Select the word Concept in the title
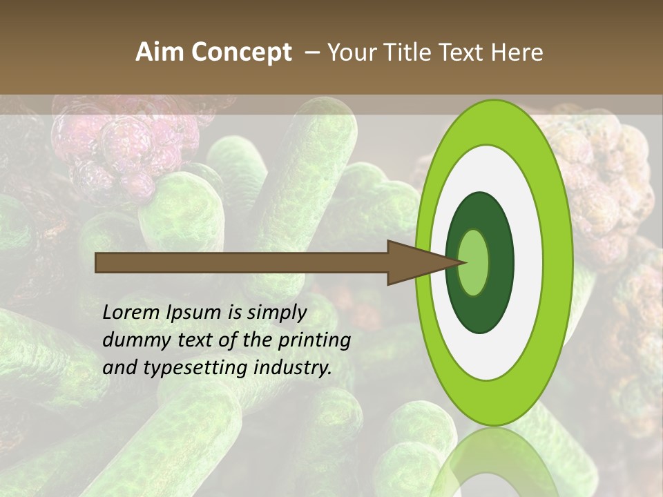(x=241, y=52)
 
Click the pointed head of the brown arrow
(x=421, y=262)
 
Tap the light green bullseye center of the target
(x=474, y=262)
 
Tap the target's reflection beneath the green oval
(x=493, y=462)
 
